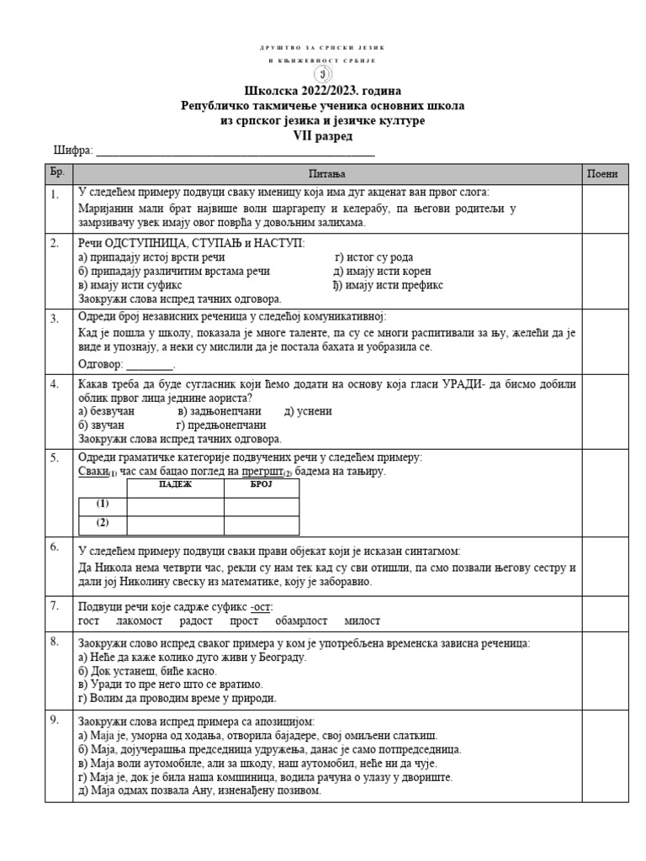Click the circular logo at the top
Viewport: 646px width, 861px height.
click(323, 73)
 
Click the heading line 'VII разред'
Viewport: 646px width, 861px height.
click(323, 135)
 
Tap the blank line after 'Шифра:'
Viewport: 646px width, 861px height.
click(236, 151)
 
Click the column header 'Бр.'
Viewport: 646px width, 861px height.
click(57, 174)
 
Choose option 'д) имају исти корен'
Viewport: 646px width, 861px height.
click(382, 271)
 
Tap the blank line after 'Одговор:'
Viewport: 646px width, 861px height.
click(149, 365)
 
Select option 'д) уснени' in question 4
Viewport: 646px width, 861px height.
click(308, 411)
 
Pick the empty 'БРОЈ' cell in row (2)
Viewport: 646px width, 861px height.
click(262, 525)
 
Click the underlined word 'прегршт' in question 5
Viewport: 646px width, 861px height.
click(257, 472)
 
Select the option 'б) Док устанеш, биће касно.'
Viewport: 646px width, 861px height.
click(147, 671)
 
